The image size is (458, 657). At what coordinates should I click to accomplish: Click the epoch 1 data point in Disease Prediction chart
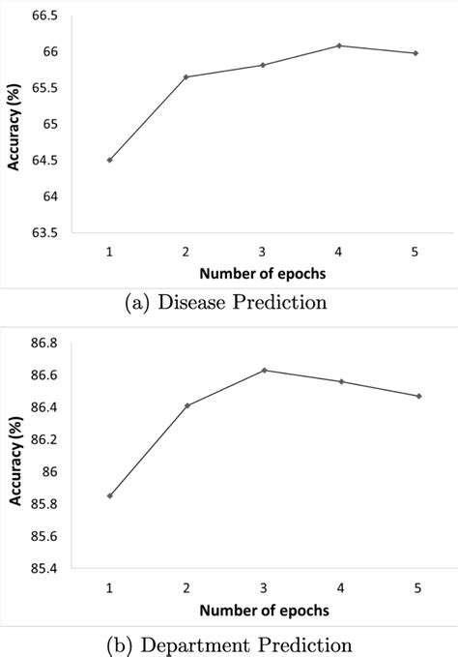point(109,160)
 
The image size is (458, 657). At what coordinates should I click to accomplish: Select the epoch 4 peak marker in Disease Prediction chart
point(339,45)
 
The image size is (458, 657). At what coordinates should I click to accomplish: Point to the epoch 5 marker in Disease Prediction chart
point(415,53)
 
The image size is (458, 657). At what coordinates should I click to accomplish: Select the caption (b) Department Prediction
point(229,643)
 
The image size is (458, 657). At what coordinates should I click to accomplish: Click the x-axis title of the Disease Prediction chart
point(263,275)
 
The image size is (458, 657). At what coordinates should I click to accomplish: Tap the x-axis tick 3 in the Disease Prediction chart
point(263,251)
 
